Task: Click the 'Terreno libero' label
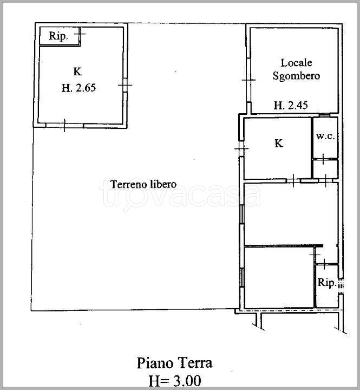143,184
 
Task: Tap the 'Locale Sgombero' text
296,69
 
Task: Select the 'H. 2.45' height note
291,105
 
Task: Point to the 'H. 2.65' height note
78,88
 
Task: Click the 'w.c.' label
325,136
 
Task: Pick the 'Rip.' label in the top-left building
58,36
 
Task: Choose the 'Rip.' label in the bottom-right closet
327,283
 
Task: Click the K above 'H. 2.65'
77,71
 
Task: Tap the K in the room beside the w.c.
278,143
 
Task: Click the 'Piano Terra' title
174,363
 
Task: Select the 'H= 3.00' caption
174,381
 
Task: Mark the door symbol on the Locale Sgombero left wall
248,80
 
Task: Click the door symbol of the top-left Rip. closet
80,33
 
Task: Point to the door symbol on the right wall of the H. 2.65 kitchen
125,85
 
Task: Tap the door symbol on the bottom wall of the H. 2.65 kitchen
64,125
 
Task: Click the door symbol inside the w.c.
323,159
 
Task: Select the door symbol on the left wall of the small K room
241,149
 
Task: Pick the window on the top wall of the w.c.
324,115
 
